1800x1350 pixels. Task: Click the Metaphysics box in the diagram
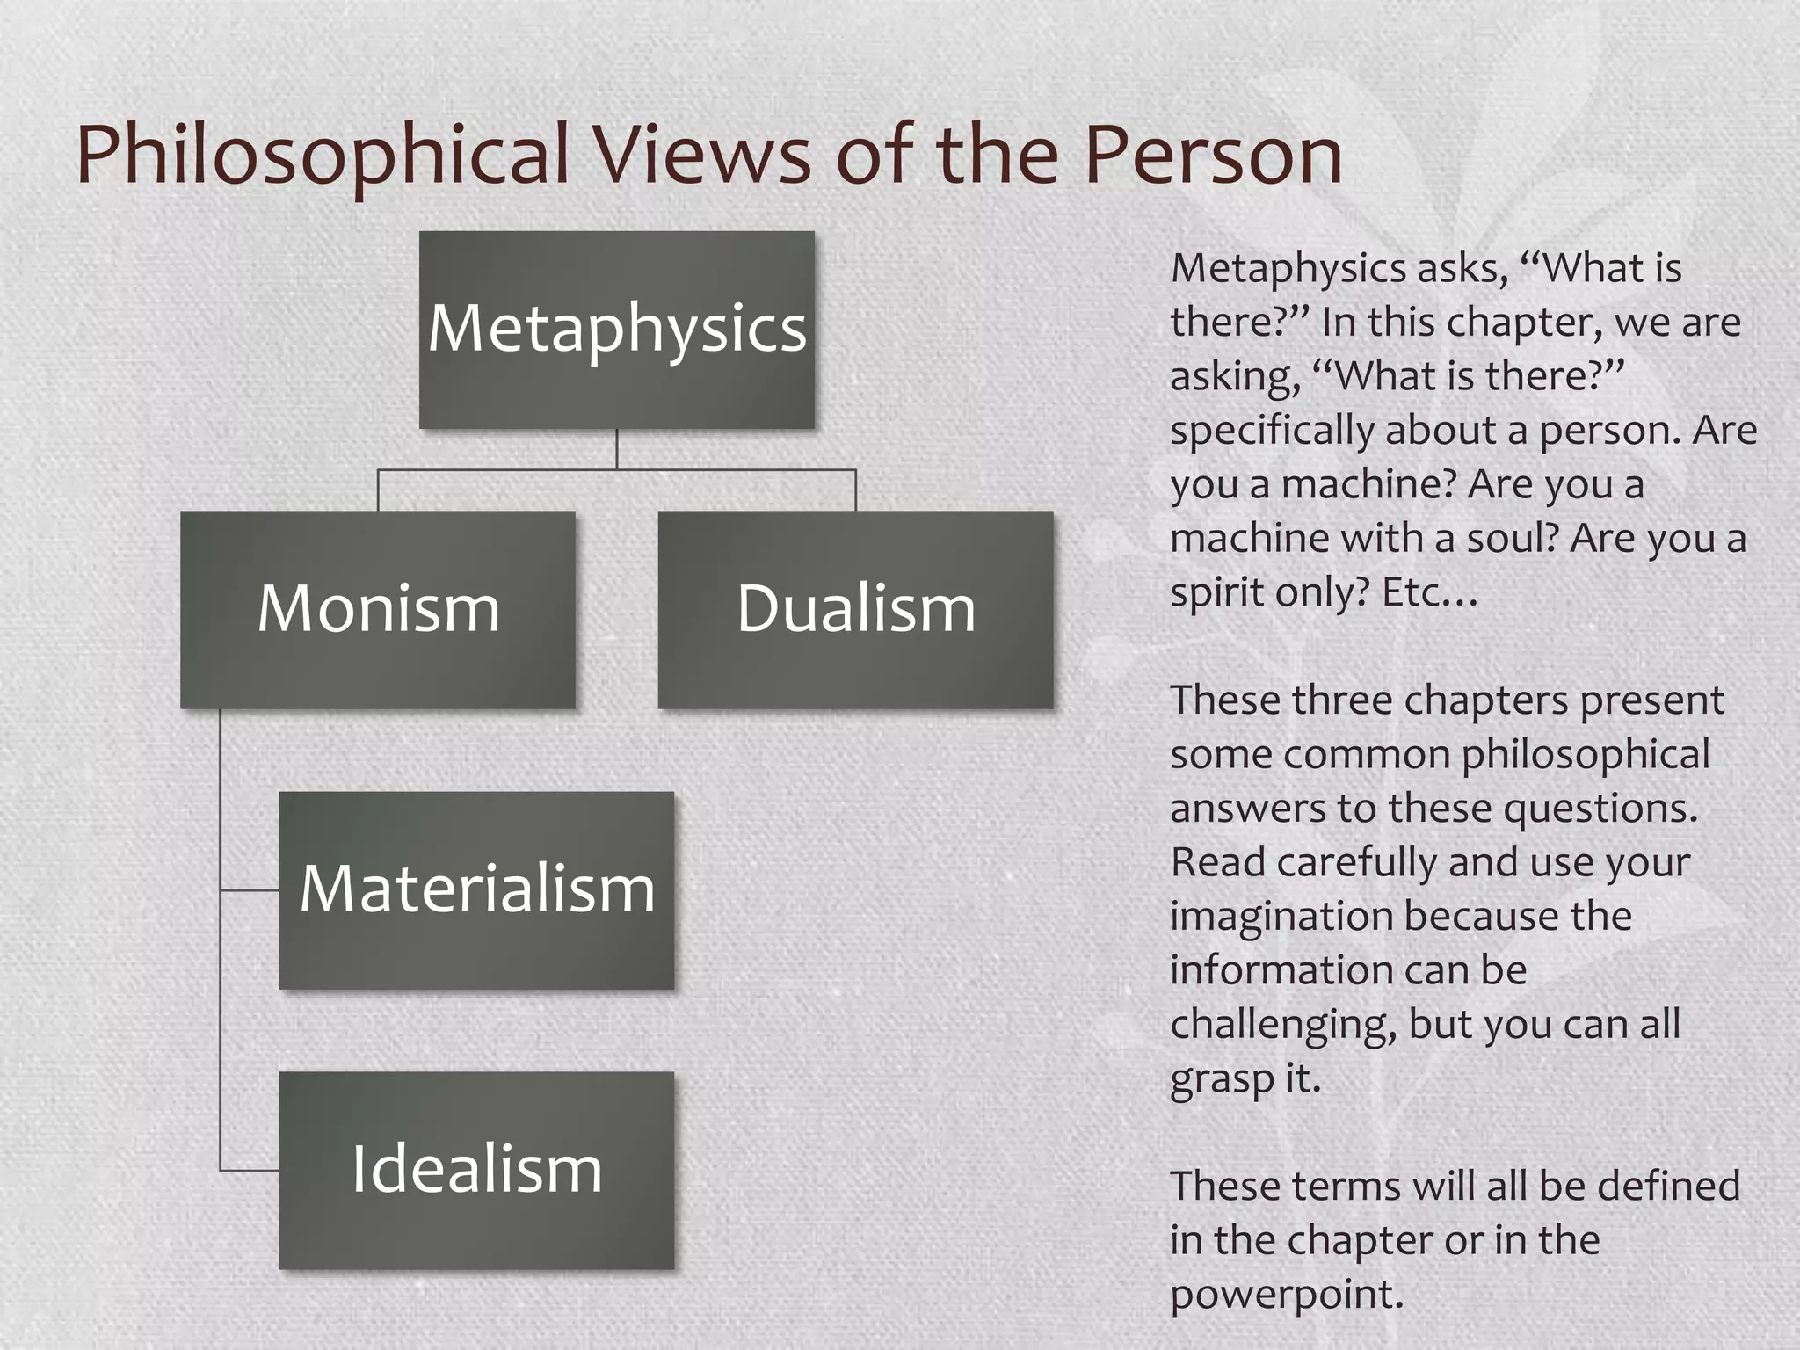pyautogui.click(x=616, y=330)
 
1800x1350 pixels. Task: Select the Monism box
pyautogui.click(x=378, y=609)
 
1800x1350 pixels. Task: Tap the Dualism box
pyautogui.click(x=855, y=609)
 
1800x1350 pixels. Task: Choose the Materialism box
pyautogui.click(x=476, y=889)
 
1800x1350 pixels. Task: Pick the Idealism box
pyautogui.click(x=476, y=1170)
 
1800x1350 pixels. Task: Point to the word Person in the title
pyautogui.click(x=1213, y=156)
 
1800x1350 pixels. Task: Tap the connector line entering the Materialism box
pyautogui.click(x=250, y=890)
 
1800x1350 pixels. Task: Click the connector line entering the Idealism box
pyautogui.click(x=250, y=1171)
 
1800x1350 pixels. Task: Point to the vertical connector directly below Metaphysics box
pyautogui.click(x=617, y=448)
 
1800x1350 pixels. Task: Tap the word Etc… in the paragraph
pyautogui.click(x=1430, y=593)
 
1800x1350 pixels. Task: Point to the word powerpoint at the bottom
pyautogui.click(x=1287, y=1295)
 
